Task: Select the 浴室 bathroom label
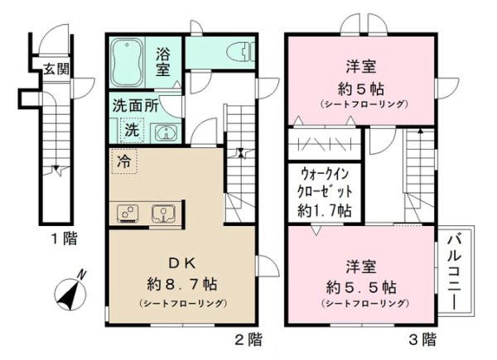[x=164, y=62]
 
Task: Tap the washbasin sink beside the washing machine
[x=164, y=132]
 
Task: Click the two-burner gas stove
[x=129, y=214]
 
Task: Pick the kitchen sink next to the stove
[x=162, y=214]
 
